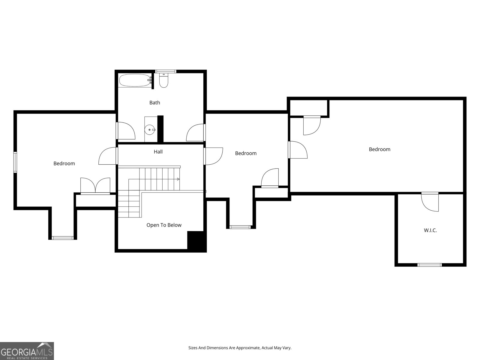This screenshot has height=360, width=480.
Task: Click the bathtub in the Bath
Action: tap(134, 80)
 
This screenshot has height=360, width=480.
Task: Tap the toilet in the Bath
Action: tap(163, 81)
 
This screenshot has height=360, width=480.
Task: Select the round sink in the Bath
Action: tap(150, 130)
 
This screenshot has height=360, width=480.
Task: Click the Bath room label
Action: tap(154, 103)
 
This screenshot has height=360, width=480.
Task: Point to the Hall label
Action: tap(158, 152)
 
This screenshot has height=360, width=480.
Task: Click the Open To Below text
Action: tap(164, 225)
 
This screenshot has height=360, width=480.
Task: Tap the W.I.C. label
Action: tap(430, 230)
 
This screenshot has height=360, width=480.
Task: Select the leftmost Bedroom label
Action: tap(64, 163)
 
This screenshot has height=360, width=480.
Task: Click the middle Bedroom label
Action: tap(246, 153)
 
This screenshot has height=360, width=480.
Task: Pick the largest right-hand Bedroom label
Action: tap(379, 149)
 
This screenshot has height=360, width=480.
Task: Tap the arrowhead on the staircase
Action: tap(178, 179)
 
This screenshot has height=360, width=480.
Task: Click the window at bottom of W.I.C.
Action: tap(430, 265)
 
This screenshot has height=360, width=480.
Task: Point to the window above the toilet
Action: tap(165, 71)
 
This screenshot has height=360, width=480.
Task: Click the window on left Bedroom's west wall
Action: tap(15, 162)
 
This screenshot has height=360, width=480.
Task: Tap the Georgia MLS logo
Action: tap(27, 351)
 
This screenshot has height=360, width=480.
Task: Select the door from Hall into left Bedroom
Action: tap(107, 156)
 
